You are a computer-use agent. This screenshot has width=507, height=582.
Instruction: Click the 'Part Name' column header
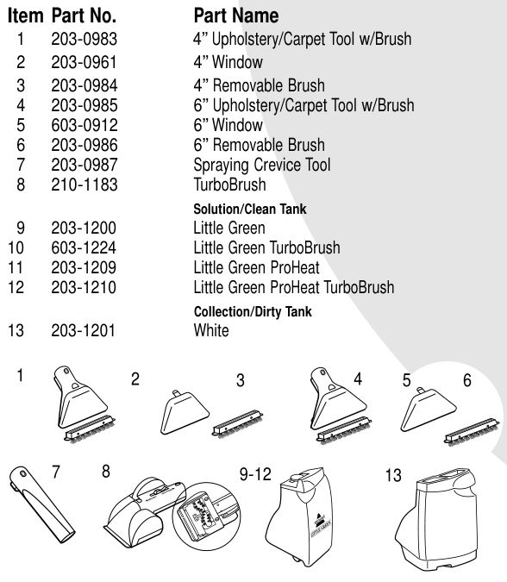[x=236, y=16]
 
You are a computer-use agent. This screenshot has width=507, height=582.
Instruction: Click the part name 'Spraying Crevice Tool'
[x=261, y=165]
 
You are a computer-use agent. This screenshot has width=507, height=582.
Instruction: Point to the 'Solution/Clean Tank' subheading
[x=249, y=210]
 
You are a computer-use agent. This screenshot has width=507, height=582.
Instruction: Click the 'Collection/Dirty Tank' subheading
[x=253, y=312]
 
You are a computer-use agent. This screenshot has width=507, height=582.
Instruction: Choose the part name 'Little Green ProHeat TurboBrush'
[x=293, y=287]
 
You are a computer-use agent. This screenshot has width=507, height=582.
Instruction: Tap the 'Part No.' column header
[x=84, y=16]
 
